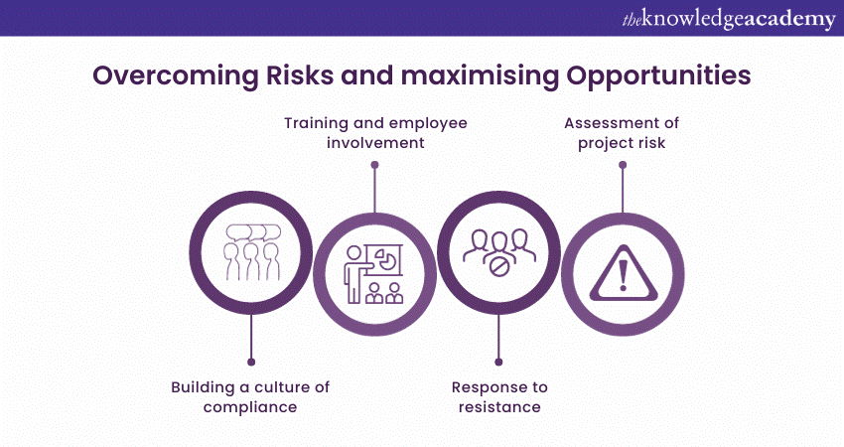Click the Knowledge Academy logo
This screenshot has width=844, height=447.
[x=729, y=19]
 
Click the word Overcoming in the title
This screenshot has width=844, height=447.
[x=176, y=75]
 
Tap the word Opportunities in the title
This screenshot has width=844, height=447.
[x=658, y=76]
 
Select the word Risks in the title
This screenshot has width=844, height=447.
[x=300, y=74]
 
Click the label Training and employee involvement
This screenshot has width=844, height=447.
[x=375, y=132]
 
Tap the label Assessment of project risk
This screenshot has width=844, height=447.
[x=622, y=132]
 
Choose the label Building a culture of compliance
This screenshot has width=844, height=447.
[x=250, y=397]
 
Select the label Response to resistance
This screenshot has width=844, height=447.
[x=499, y=397]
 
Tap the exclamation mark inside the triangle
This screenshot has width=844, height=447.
[x=624, y=275]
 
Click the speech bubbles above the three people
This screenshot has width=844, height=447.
[x=253, y=232]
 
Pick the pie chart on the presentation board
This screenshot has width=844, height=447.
[x=387, y=259]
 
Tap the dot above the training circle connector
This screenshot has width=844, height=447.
[x=374, y=165]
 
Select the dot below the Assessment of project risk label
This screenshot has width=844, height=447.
[x=623, y=165]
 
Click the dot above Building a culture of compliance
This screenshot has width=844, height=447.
[x=251, y=362]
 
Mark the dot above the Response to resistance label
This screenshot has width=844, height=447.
[x=498, y=362]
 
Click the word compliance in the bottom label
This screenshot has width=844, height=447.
[x=250, y=407]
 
